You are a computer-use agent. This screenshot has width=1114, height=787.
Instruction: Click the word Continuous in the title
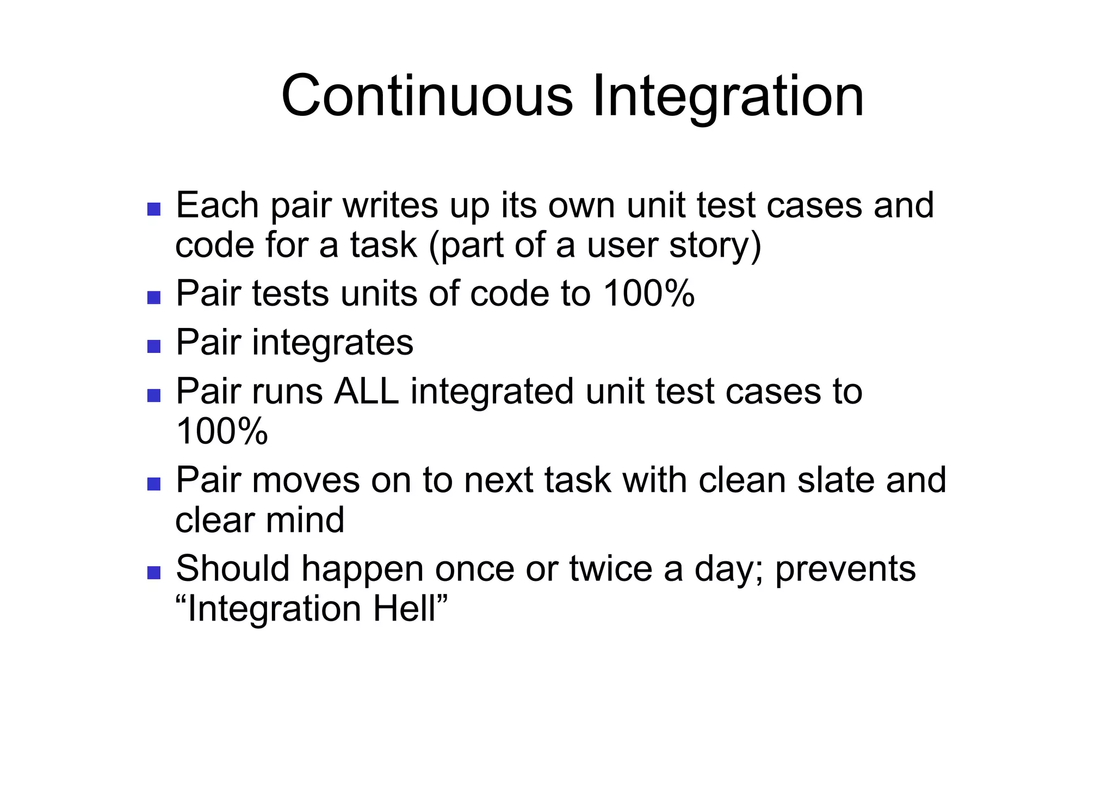click(426, 96)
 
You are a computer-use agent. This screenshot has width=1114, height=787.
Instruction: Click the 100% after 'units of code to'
click(649, 294)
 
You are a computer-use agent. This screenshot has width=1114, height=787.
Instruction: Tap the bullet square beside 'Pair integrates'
click(154, 346)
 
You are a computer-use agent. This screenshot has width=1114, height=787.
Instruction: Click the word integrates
click(332, 343)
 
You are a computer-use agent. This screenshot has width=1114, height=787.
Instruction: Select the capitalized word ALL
click(366, 392)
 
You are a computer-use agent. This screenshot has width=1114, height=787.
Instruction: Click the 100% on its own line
click(222, 431)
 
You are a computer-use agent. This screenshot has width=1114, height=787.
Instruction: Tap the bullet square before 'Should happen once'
click(154, 573)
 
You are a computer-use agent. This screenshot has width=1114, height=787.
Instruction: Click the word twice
click(610, 569)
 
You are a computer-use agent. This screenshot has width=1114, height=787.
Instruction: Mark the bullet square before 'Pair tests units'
click(154, 298)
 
